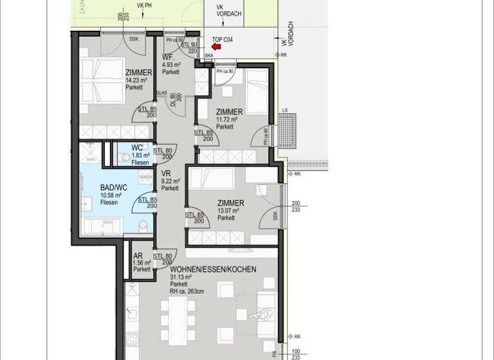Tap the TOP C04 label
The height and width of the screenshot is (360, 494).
coord(222,39)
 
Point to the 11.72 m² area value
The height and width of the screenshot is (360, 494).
coord(227,120)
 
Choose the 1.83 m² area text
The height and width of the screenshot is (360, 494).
coord(140,155)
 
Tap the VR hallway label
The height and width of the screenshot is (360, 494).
coord(165,174)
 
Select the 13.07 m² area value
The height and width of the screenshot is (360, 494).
coord(228,210)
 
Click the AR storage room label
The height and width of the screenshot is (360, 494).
coord(138,255)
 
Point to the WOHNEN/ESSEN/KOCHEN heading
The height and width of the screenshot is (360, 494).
coord(213,269)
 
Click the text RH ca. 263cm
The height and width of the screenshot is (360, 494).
coord(187,291)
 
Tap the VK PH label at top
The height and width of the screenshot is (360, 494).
coord(144,4)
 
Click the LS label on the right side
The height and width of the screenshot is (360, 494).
coord(284,111)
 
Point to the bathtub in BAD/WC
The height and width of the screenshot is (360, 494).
coord(102,226)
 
